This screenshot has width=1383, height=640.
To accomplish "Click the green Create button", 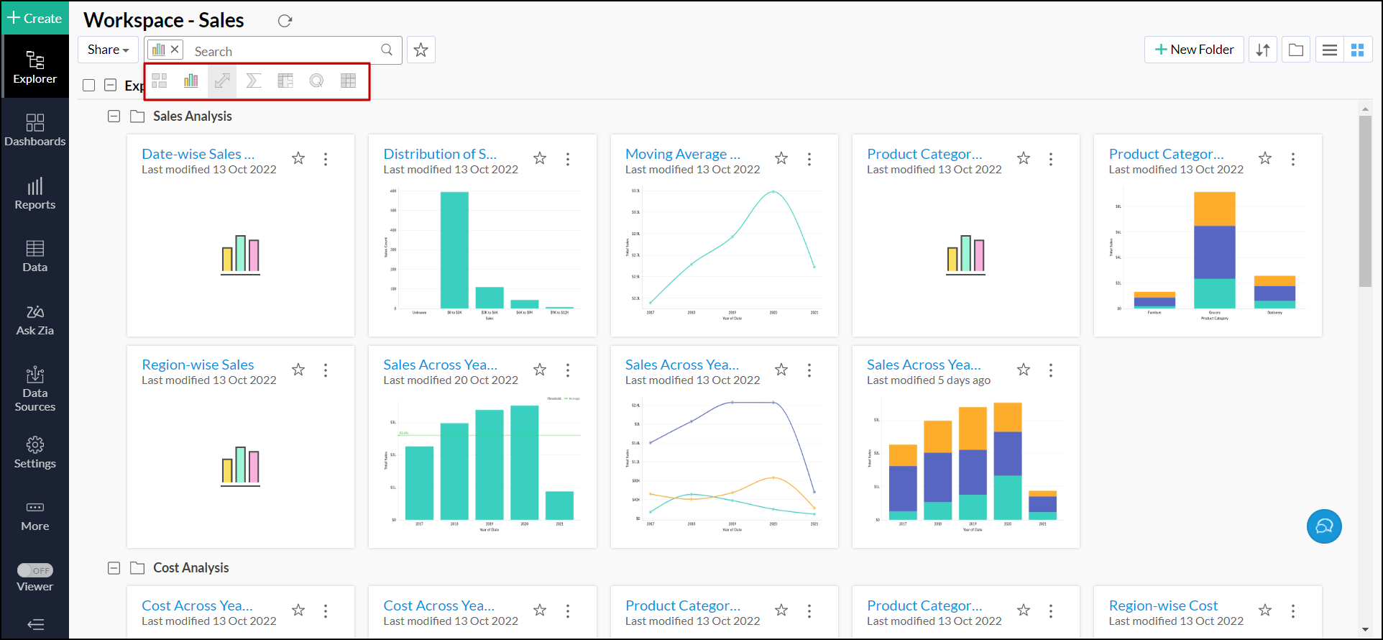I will (x=35, y=18).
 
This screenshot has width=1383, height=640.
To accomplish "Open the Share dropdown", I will (x=108, y=50).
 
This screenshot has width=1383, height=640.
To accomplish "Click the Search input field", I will (x=284, y=51).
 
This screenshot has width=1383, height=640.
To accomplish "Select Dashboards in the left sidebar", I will (x=35, y=130).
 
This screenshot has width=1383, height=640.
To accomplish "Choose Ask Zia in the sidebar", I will (x=35, y=320).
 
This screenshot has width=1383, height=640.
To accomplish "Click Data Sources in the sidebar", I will (x=35, y=389).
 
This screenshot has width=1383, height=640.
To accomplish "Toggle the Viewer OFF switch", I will (x=35, y=570).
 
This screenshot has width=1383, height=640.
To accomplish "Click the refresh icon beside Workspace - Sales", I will (x=285, y=21).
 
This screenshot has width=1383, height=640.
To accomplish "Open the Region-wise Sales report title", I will (x=198, y=365).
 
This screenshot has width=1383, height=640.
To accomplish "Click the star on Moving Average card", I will (x=781, y=158).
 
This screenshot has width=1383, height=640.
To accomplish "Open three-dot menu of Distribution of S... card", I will (x=568, y=159).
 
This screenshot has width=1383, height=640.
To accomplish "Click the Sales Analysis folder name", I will (x=192, y=116).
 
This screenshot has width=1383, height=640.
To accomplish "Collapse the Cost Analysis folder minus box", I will (x=114, y=568).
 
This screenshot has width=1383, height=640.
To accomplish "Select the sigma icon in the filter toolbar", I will (x=253, y=81).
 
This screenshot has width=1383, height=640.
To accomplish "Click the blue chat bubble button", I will (x=1324, y=526).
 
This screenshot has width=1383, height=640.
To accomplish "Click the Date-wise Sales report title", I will (x=198, y=154).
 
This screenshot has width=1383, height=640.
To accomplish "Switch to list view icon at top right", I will (x=1330, y=50).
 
